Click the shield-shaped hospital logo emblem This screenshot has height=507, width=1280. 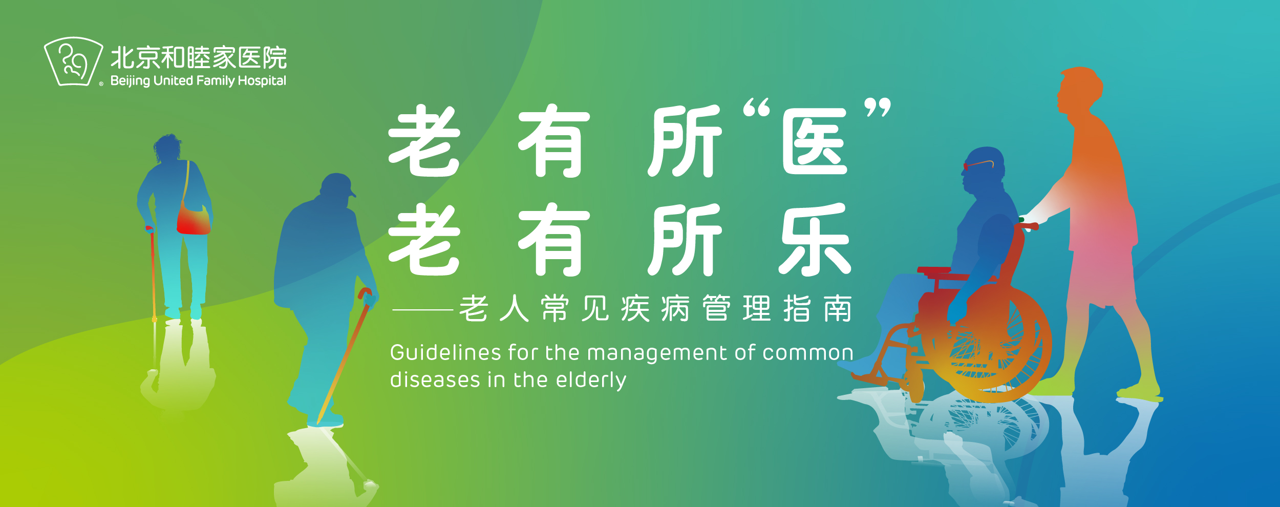73,61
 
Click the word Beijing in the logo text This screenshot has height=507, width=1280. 130,81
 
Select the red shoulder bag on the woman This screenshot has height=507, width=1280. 193,219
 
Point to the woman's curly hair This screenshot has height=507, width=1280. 167,147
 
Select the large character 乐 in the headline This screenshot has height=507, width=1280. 815,240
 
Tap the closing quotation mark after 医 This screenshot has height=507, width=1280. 878,107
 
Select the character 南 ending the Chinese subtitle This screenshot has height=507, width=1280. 838,308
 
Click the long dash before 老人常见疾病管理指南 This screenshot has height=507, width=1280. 422,309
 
